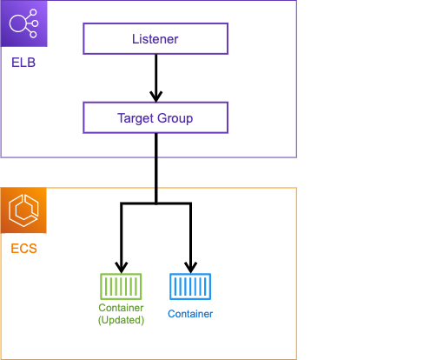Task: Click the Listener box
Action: coord(155,38)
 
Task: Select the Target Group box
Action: coord(155,117)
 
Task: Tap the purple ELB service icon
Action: coord(23,23)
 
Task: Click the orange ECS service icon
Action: coord(23,210)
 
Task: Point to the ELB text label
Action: coord(23,63)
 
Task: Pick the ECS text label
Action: coord(23,249)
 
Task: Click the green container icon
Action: coord(121,286)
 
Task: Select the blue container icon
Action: coord(190,286)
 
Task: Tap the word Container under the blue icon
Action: coord(190,314)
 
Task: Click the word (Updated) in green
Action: coord(121,320)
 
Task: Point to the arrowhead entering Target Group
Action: coord(156,97)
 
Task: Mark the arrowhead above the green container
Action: coord(122,267)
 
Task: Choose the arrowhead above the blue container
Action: coord(190,267)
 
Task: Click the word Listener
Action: coord(155,39)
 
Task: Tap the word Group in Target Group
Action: coord(175,118)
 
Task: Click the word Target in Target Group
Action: coord(136,118)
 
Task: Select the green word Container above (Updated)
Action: coord(121,308)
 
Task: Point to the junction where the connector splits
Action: coord(156,203)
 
